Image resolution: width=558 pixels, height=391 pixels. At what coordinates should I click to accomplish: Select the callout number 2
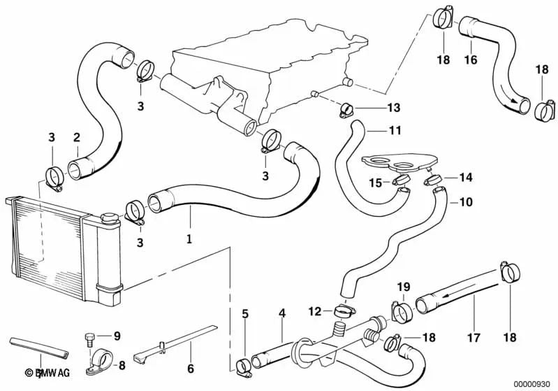coord(77,138)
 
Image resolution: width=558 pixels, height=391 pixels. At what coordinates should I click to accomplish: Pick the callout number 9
coord(117,336)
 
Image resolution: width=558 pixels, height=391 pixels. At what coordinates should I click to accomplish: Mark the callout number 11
coord(376,130)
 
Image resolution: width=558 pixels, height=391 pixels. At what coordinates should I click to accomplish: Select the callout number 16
coord(471,60)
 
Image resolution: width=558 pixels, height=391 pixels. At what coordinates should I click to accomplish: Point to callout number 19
coord(403,287)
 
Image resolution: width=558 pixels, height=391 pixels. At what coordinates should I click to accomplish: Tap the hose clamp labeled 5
coord(244,364)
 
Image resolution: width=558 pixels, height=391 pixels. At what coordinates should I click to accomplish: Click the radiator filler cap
coord(108,219)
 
